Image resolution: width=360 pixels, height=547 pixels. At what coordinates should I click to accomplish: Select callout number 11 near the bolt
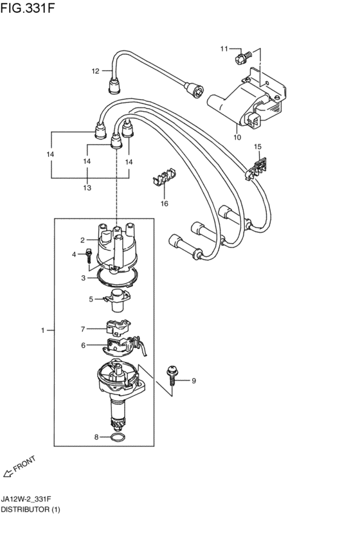[224, 49]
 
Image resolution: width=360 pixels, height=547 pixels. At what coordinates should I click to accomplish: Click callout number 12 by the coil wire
[95, 71]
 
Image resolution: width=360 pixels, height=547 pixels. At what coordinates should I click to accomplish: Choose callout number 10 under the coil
[237, 137]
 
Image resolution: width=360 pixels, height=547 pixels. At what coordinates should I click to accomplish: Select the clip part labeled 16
[163, 178]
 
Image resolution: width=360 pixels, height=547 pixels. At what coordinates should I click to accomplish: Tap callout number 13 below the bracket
[86, 188]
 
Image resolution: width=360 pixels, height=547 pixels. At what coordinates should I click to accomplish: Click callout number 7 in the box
[83, 329]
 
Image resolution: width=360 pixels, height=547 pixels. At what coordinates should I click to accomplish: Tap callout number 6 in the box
[83, 346]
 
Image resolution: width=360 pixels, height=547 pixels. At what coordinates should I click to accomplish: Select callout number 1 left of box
[43, 330]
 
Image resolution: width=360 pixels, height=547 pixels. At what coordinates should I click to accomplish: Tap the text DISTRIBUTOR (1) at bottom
[30, 509]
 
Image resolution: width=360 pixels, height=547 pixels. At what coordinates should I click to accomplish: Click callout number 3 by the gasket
[83, 278]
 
